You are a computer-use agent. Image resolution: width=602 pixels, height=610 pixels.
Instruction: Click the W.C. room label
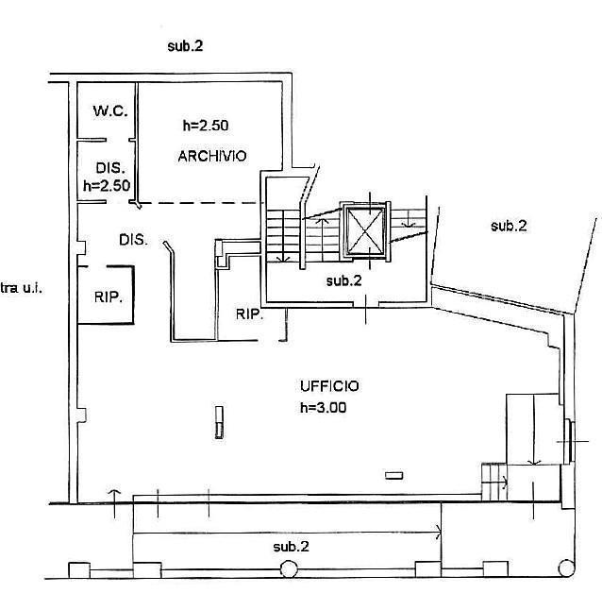pos(110,110)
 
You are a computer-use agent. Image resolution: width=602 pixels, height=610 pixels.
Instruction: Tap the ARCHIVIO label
pos(212,156)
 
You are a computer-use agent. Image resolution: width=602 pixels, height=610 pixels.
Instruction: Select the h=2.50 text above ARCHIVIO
pos(206,126)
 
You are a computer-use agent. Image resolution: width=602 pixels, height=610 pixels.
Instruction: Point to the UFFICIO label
pos(329,386)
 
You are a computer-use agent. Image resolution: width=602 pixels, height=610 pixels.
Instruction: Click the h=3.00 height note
pos(324,407)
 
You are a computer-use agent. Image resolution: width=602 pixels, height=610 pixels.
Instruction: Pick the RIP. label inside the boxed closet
pos(109,297)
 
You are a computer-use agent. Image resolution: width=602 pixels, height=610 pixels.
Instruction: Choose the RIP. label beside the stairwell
pos(249,313)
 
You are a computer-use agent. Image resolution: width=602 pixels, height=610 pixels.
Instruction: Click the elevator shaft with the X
pos(365,230)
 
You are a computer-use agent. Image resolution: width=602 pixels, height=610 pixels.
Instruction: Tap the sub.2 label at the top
pos(185,46)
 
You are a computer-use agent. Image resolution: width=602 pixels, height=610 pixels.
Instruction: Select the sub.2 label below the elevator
pos(344,280)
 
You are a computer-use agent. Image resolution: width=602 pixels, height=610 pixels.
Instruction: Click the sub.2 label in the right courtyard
pos(509,226)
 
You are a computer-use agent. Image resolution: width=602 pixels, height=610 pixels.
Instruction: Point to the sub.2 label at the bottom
pos(291,547)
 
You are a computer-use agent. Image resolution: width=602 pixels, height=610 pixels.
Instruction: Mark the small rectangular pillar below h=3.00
pos(394,475)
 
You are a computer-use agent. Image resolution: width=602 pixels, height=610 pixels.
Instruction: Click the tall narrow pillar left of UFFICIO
pos(220,422)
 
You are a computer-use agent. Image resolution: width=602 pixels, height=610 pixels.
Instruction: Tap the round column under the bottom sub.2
pos(289,569)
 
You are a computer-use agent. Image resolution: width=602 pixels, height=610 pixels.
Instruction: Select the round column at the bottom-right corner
pos(567,568)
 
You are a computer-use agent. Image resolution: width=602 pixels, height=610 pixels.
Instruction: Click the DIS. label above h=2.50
pos(110,168)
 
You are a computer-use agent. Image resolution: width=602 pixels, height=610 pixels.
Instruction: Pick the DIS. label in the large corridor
pos(133,240)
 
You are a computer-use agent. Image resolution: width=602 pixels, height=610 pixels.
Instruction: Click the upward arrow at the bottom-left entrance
pos(114,504)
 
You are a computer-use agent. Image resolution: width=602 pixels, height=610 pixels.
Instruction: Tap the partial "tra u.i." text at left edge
pos(21,288)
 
